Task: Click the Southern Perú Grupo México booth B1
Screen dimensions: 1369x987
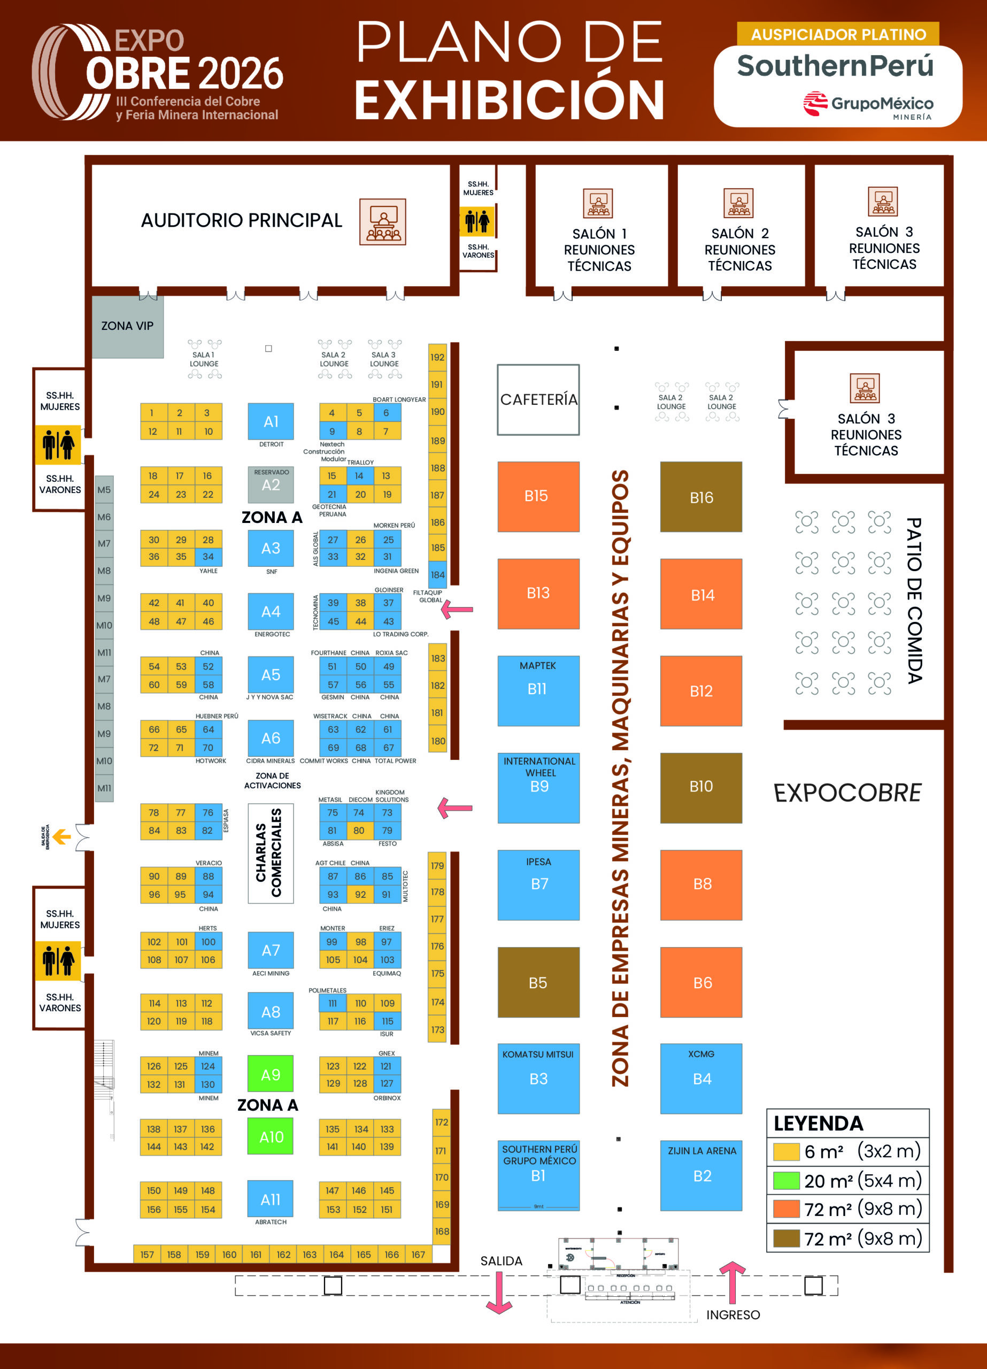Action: [x=538, y=1175]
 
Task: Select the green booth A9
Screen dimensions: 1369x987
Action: [x=271, y=1075]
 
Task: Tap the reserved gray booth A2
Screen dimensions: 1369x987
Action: [x=271, y=484]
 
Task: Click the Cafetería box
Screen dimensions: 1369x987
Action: [x=538, y=399]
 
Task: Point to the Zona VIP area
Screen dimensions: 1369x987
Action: [x=127, y=326]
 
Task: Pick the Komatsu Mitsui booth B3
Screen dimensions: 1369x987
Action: [x=538, y=1078]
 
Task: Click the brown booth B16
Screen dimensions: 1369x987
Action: [x=701, y=497]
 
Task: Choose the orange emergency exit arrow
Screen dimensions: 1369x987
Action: [x=61, y=837]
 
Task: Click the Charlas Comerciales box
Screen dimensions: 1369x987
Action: [x=271, y=853]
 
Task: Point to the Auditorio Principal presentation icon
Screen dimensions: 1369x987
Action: [x=383, y=221]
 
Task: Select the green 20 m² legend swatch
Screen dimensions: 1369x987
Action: [x=786, y=1181]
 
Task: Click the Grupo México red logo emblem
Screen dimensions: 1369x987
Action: [x=815, y=103]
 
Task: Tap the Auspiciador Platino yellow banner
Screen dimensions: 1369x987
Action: [x=838, y=34]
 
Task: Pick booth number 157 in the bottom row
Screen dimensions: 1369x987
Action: [x=146, y=1255]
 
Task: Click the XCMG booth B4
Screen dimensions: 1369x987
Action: [x=701, y=1078]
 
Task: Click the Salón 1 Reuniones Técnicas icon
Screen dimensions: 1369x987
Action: [x=598, y=203]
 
